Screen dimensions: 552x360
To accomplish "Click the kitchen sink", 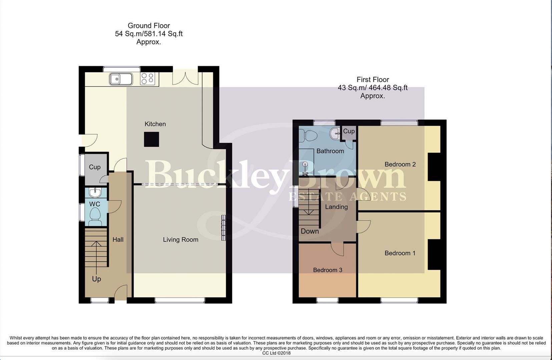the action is (121, 79).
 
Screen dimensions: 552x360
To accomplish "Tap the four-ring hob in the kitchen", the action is (148, 79).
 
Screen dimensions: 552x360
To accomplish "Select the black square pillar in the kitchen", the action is (151, 139).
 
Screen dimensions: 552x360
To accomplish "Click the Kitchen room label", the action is (155, 124).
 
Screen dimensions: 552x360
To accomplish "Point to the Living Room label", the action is (181, 240).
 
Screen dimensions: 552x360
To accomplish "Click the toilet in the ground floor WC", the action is (95, 216).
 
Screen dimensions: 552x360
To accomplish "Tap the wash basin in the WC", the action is (95, 192).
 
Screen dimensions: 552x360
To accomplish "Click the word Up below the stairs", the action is (96, 279).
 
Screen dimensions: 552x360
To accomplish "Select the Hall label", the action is (118, 240).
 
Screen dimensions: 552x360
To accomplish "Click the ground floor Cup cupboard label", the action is (95, 167).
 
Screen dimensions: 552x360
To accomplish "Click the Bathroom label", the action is (330, 151).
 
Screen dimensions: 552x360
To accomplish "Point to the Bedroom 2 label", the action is (400, 164).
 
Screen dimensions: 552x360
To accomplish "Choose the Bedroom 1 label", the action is (400, 253).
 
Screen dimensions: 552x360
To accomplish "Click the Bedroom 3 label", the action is (328, 270).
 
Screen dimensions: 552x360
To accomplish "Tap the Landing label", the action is (337, 207).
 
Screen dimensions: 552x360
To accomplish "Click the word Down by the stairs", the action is (310, 231).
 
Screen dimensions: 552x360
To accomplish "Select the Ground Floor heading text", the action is (149, 26).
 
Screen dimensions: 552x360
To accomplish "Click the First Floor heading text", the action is (373, 80).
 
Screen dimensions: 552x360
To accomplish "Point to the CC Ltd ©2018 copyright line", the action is (276, 353).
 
